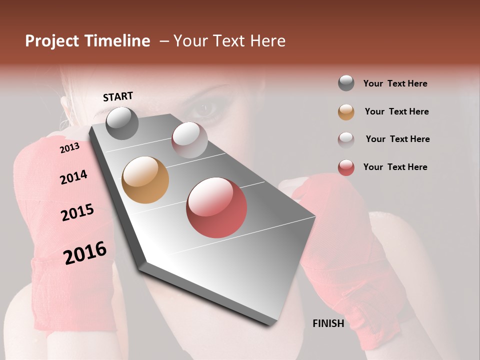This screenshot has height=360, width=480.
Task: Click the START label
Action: coord(118,96)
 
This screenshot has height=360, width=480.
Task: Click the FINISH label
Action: coord(328,323)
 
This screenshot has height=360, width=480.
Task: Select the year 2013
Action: coord(69,148)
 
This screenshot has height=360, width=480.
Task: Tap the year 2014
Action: coord(73,177)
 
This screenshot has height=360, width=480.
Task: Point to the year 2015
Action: coord(77,212)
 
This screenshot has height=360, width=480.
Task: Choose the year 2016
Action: coord(85,252)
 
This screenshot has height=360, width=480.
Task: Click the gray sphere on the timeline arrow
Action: coord(122,123)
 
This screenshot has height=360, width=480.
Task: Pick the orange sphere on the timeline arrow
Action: coord(145,180)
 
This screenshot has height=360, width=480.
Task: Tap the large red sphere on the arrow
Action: coord(216,207)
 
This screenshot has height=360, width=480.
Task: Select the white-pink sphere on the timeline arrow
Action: coord(189,139)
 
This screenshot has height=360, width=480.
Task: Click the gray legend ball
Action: coord(346,83)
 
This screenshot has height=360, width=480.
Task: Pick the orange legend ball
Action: coord(346,112)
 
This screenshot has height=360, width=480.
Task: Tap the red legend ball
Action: coord(346,167)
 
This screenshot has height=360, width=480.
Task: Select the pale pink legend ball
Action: coord(346,139)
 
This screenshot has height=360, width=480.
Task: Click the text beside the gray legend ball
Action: coord(395,83)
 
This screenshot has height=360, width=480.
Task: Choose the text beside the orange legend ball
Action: coord(396,111)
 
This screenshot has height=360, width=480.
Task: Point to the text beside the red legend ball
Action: coord(395,167)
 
